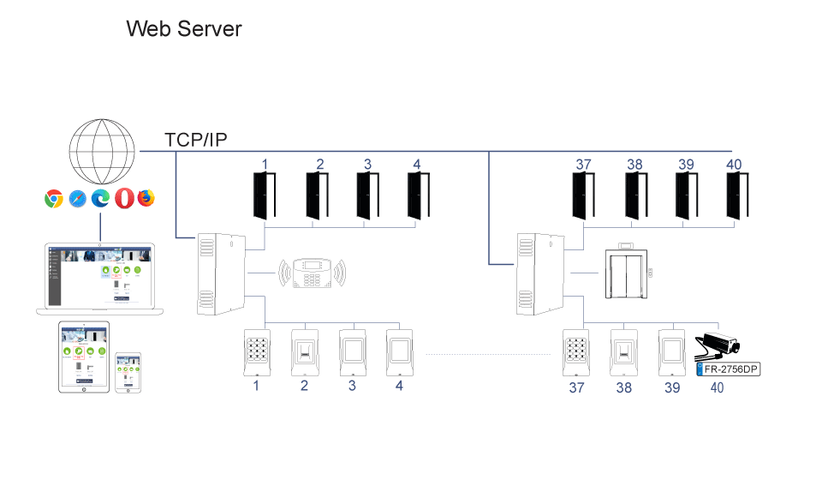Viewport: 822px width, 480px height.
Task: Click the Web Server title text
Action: pos(183,28)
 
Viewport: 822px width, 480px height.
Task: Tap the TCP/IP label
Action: pos(196,141)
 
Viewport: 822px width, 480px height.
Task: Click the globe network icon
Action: pos(101,148)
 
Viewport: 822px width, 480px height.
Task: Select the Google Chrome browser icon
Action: pos(54,198)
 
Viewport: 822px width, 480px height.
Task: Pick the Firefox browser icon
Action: pos(147,198)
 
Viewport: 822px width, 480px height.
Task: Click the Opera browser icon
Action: pos(125,198)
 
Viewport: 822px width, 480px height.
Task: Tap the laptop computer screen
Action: pos(100,273)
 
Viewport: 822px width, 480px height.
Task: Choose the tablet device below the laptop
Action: pos(85,357)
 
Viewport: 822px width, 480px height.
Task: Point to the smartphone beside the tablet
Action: pos(128,373)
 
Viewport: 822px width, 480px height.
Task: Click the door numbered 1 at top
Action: pos(264,196)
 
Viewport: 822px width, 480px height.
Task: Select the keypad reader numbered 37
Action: pos(575,351)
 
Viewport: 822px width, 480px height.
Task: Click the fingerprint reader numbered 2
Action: pos(304,351)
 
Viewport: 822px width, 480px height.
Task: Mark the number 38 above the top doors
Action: pos(634,165)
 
